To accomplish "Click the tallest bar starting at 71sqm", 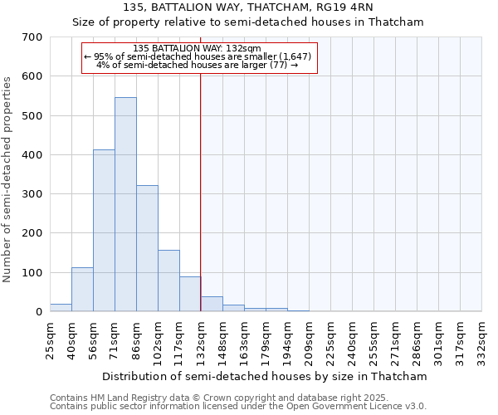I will [x=125, y=204].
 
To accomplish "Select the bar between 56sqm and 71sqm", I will [x=104, y=231].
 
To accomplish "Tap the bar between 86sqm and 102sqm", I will [x=147, y=248].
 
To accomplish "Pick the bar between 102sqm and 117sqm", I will [x=168, y=281].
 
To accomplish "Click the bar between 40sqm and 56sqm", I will [x=82, y=290].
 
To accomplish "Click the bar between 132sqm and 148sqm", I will [x=212, y=304].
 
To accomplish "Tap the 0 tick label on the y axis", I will [x=38, y=312].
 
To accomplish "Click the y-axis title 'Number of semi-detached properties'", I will [x=8, y=179].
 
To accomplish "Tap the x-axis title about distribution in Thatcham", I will [x=266, y=376].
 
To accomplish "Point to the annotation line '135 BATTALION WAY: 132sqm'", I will [x=197, y=48].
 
